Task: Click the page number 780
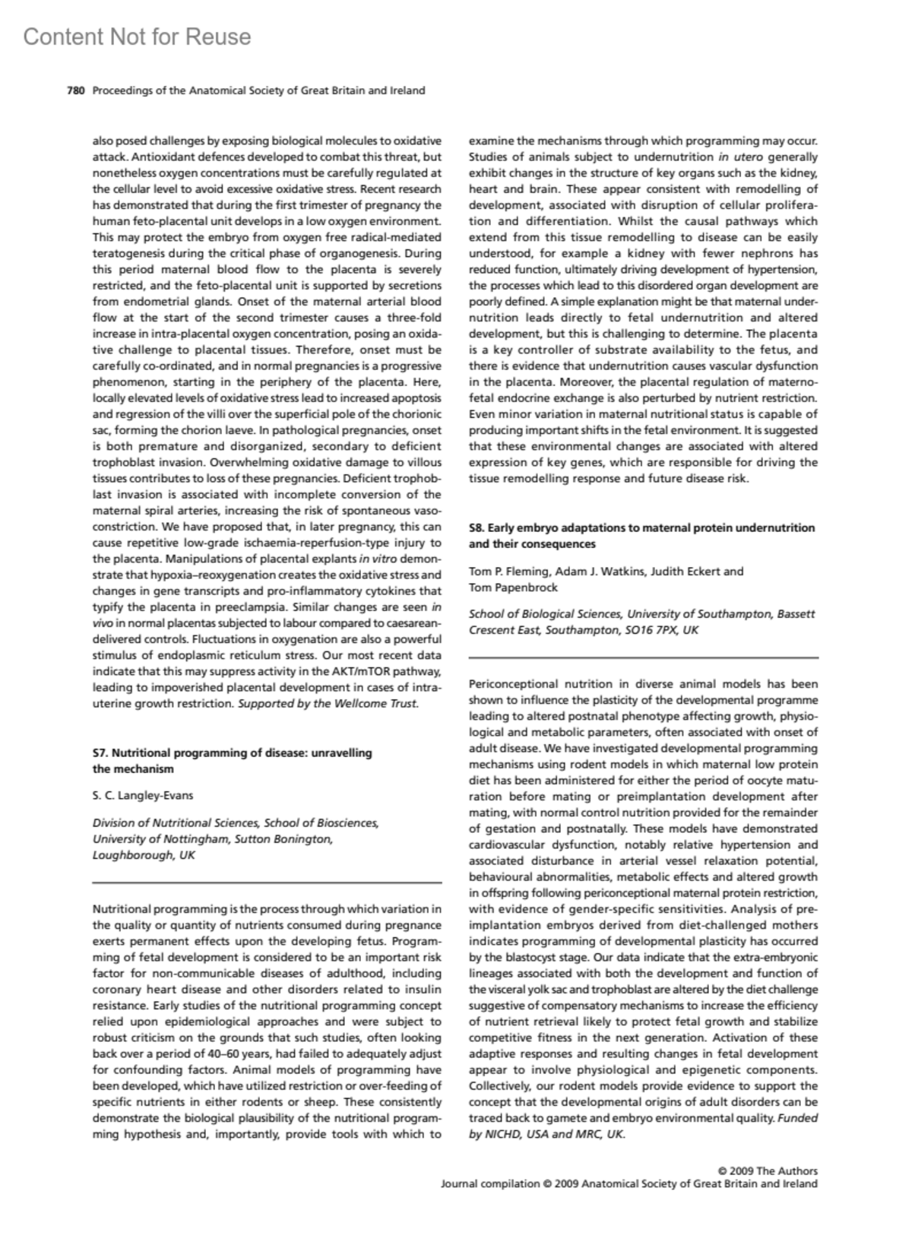[74, 90]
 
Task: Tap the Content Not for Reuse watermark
[137, 36]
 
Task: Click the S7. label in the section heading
[100, 752]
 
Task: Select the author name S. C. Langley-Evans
[143, 795]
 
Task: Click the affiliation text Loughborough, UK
[144, 854]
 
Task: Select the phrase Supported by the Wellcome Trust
[328, 703]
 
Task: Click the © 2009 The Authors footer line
[768, 1170]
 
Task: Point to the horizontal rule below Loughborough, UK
[267, 882]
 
